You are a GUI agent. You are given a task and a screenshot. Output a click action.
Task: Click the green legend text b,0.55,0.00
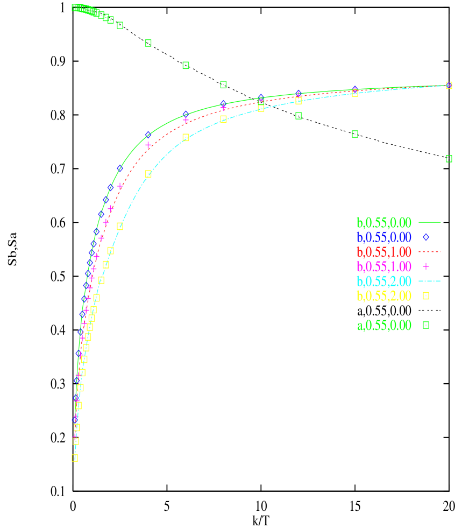pos(383,222)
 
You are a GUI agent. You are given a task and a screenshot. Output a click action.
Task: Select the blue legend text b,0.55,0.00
pos(383,237)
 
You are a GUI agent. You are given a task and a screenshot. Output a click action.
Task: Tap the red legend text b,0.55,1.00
pos(383,252)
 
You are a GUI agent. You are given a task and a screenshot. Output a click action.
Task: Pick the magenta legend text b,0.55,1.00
pos(383,266)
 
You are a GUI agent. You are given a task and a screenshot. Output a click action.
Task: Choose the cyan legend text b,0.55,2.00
pos(383,281)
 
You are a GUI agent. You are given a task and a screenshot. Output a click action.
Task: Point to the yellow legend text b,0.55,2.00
pos(383,295)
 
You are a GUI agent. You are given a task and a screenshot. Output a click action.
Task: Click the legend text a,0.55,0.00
pos(383,325)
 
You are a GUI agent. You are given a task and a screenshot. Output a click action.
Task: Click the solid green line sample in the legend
pos(429,222)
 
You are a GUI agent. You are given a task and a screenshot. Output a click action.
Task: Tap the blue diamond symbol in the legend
pos(426,237)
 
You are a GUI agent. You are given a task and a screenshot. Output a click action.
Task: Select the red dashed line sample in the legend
pos(429,251)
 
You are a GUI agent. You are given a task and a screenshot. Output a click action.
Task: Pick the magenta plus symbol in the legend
pos(426,266)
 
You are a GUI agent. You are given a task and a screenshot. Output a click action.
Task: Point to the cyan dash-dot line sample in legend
pos(429,281)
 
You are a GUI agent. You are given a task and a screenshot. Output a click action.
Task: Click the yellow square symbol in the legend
pos(426,295)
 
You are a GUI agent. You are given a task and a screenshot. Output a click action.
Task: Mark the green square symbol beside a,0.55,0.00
pos(426,325)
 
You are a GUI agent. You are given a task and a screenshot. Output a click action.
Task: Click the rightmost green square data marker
pos(449,159)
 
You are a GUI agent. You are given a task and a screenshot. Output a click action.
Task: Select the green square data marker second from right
pos(355,134)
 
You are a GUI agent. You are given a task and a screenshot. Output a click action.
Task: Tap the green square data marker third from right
pos(299,116)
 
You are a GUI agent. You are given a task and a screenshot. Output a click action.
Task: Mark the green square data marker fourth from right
pos(223,85)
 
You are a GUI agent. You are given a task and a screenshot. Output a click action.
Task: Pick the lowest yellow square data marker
pos(75,457)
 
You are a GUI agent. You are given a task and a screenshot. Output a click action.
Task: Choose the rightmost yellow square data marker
pos(449,85)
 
